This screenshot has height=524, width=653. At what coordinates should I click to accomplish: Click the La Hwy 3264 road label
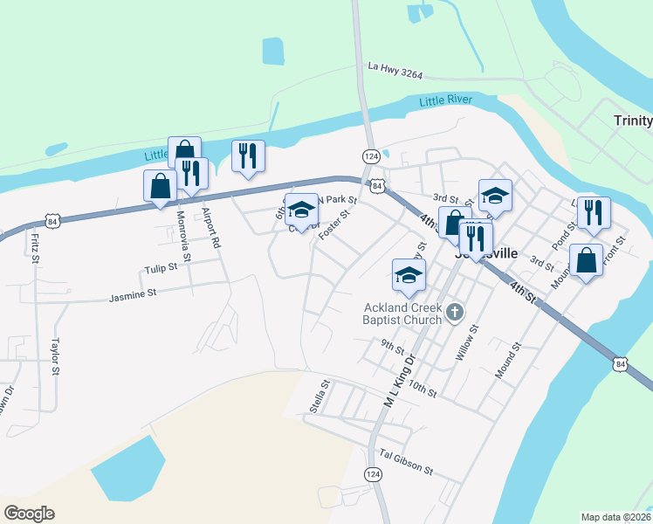[395, 69]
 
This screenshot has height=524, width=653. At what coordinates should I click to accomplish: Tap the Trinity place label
[632, 121]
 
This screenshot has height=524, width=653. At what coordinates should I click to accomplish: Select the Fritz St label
[34, 247]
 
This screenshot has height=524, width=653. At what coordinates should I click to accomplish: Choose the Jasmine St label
[132, 296]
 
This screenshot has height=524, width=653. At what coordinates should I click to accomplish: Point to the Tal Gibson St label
[406, 463]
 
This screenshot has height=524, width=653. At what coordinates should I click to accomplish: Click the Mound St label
[507, 359]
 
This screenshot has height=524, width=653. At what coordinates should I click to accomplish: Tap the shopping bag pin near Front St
[586, 259]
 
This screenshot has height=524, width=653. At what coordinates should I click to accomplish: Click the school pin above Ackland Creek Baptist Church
[408, 274]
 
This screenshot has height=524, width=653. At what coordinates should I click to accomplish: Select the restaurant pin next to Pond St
[593, 212]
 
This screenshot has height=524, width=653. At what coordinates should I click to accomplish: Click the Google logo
[30, 513]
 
